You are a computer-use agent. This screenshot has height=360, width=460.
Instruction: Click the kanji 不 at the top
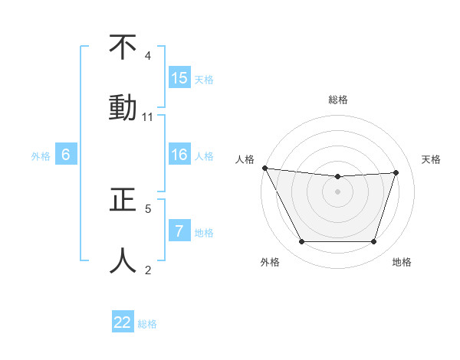pos(123,47)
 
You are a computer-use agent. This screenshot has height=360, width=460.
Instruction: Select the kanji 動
pos(123,107)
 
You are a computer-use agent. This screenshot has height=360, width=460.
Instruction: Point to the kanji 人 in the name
pos(123,260)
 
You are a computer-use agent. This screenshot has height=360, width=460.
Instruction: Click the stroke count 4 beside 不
pos(148,56)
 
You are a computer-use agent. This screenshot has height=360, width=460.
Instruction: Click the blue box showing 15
pos(179,78)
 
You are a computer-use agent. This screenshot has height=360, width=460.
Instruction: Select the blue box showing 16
pos(179,155)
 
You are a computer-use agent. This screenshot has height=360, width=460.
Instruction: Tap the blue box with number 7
pos(179,231)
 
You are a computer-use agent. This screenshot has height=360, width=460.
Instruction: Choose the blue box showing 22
pos(123,322)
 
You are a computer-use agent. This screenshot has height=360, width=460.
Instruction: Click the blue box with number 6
pos(66,155)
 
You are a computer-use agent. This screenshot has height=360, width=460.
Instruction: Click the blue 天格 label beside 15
pos(204,79)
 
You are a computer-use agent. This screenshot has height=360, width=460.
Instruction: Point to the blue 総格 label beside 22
pos(147,324)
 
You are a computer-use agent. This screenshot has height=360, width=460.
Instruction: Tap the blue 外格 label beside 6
pos(41,155)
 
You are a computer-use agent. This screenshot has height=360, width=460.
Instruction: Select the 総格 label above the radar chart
pos(338,100)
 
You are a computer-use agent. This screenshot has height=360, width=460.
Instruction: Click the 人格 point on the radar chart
pos(264,168)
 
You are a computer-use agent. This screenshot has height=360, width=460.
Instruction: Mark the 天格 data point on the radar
pos(396,172)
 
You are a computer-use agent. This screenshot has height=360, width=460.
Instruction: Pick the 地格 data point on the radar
pos(373,242)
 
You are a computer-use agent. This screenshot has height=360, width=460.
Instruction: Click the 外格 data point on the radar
pos(301,242)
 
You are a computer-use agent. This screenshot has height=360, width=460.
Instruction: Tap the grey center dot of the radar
pos(338,191)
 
